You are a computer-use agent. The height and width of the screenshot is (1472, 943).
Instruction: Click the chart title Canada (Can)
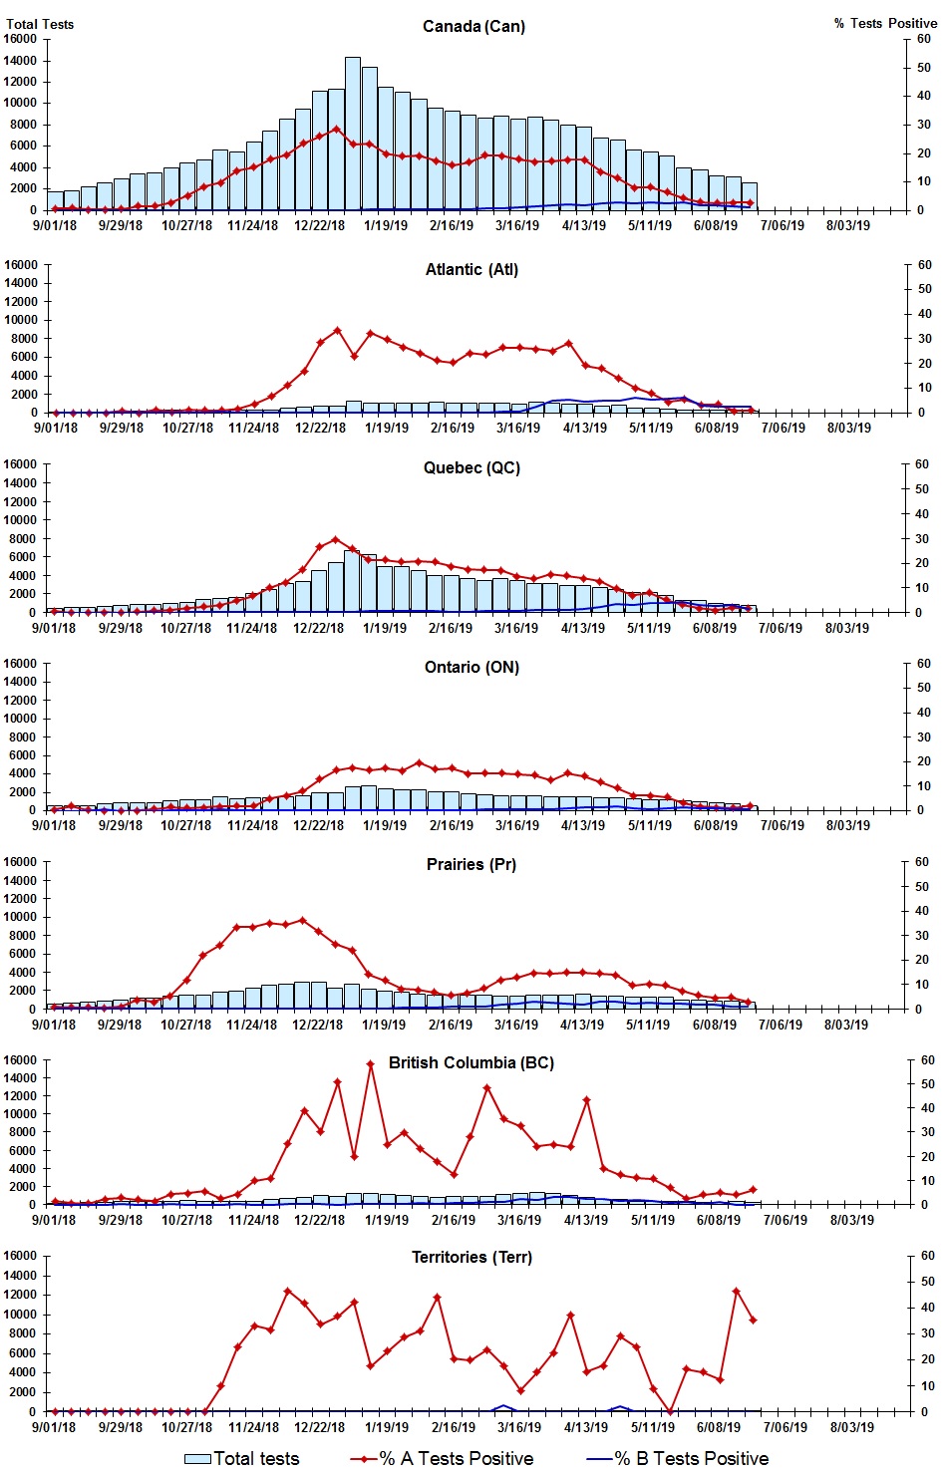473,26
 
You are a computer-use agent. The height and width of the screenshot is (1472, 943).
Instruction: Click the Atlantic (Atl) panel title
471,269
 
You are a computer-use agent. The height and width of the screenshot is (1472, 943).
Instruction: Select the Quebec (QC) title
471,467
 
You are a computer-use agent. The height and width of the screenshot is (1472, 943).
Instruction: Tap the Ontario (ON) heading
471,667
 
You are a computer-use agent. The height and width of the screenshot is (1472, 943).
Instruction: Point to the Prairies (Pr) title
471,864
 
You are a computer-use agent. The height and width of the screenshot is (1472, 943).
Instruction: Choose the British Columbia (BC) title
471,1062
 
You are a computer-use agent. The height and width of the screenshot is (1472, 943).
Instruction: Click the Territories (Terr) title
471,1257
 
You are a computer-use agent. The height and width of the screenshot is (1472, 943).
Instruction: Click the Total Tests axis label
40,24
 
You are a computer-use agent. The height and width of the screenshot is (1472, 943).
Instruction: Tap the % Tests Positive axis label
885,23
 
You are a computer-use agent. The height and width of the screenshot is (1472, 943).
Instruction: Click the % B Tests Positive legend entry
678,1458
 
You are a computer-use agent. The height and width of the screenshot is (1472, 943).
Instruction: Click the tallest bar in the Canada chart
353,134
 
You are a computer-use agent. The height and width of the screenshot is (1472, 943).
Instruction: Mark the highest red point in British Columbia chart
370,1063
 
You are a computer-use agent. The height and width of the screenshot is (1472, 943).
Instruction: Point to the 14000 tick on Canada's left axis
21,60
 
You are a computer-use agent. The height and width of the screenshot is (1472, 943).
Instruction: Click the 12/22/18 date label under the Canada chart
319,225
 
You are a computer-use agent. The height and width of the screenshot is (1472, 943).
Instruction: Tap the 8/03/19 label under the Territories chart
852,1427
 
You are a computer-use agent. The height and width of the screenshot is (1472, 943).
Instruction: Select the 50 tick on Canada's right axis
924,68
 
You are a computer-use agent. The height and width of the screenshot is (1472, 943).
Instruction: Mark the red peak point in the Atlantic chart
337,330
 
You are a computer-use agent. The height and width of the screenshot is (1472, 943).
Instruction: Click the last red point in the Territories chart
753,1321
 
